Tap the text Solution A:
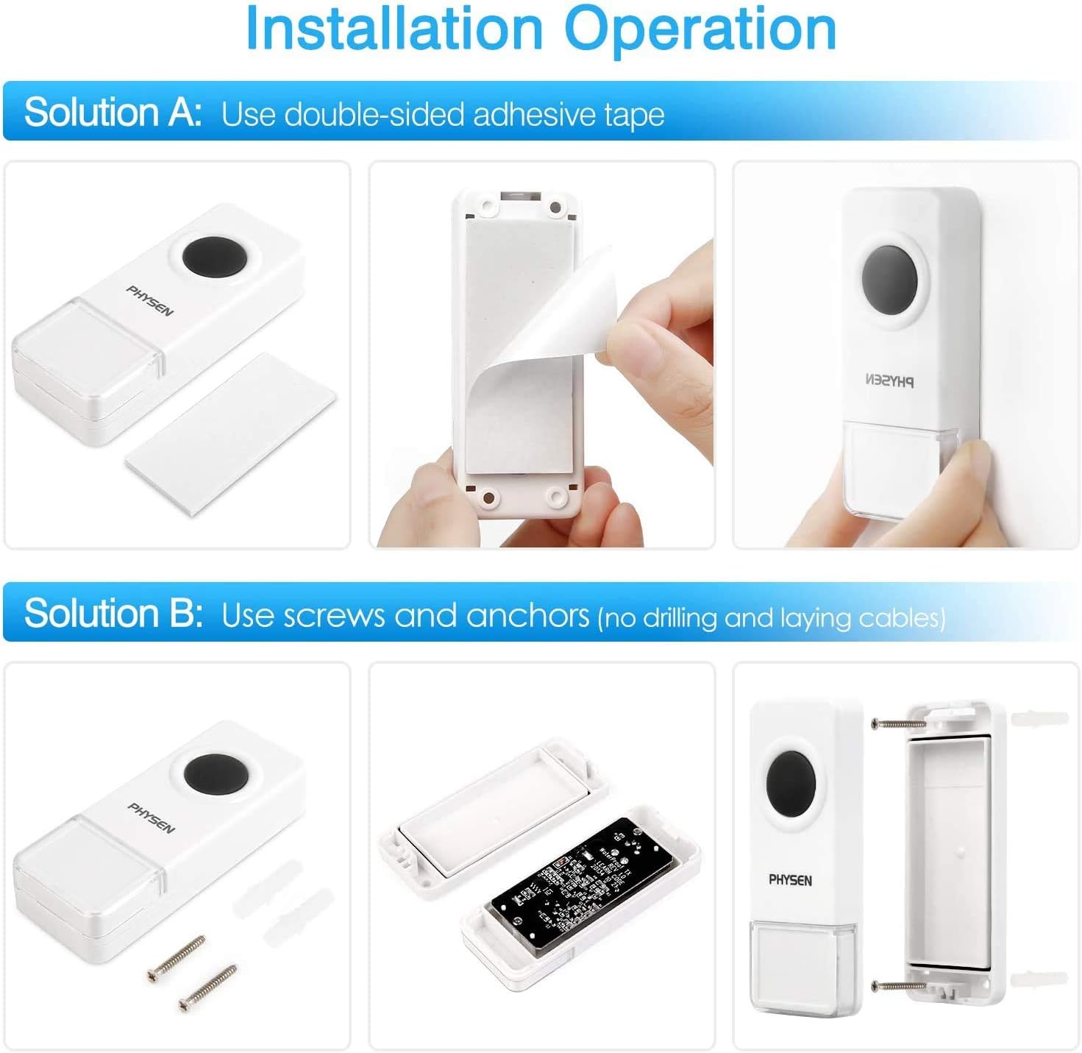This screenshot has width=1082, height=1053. coord(113,113)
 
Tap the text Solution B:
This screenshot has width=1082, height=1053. coord(113,614)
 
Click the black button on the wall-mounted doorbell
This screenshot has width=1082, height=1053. coord(890,280)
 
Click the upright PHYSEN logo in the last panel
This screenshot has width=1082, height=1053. coord(790,880)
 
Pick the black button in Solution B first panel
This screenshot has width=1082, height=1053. coord(213,773)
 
